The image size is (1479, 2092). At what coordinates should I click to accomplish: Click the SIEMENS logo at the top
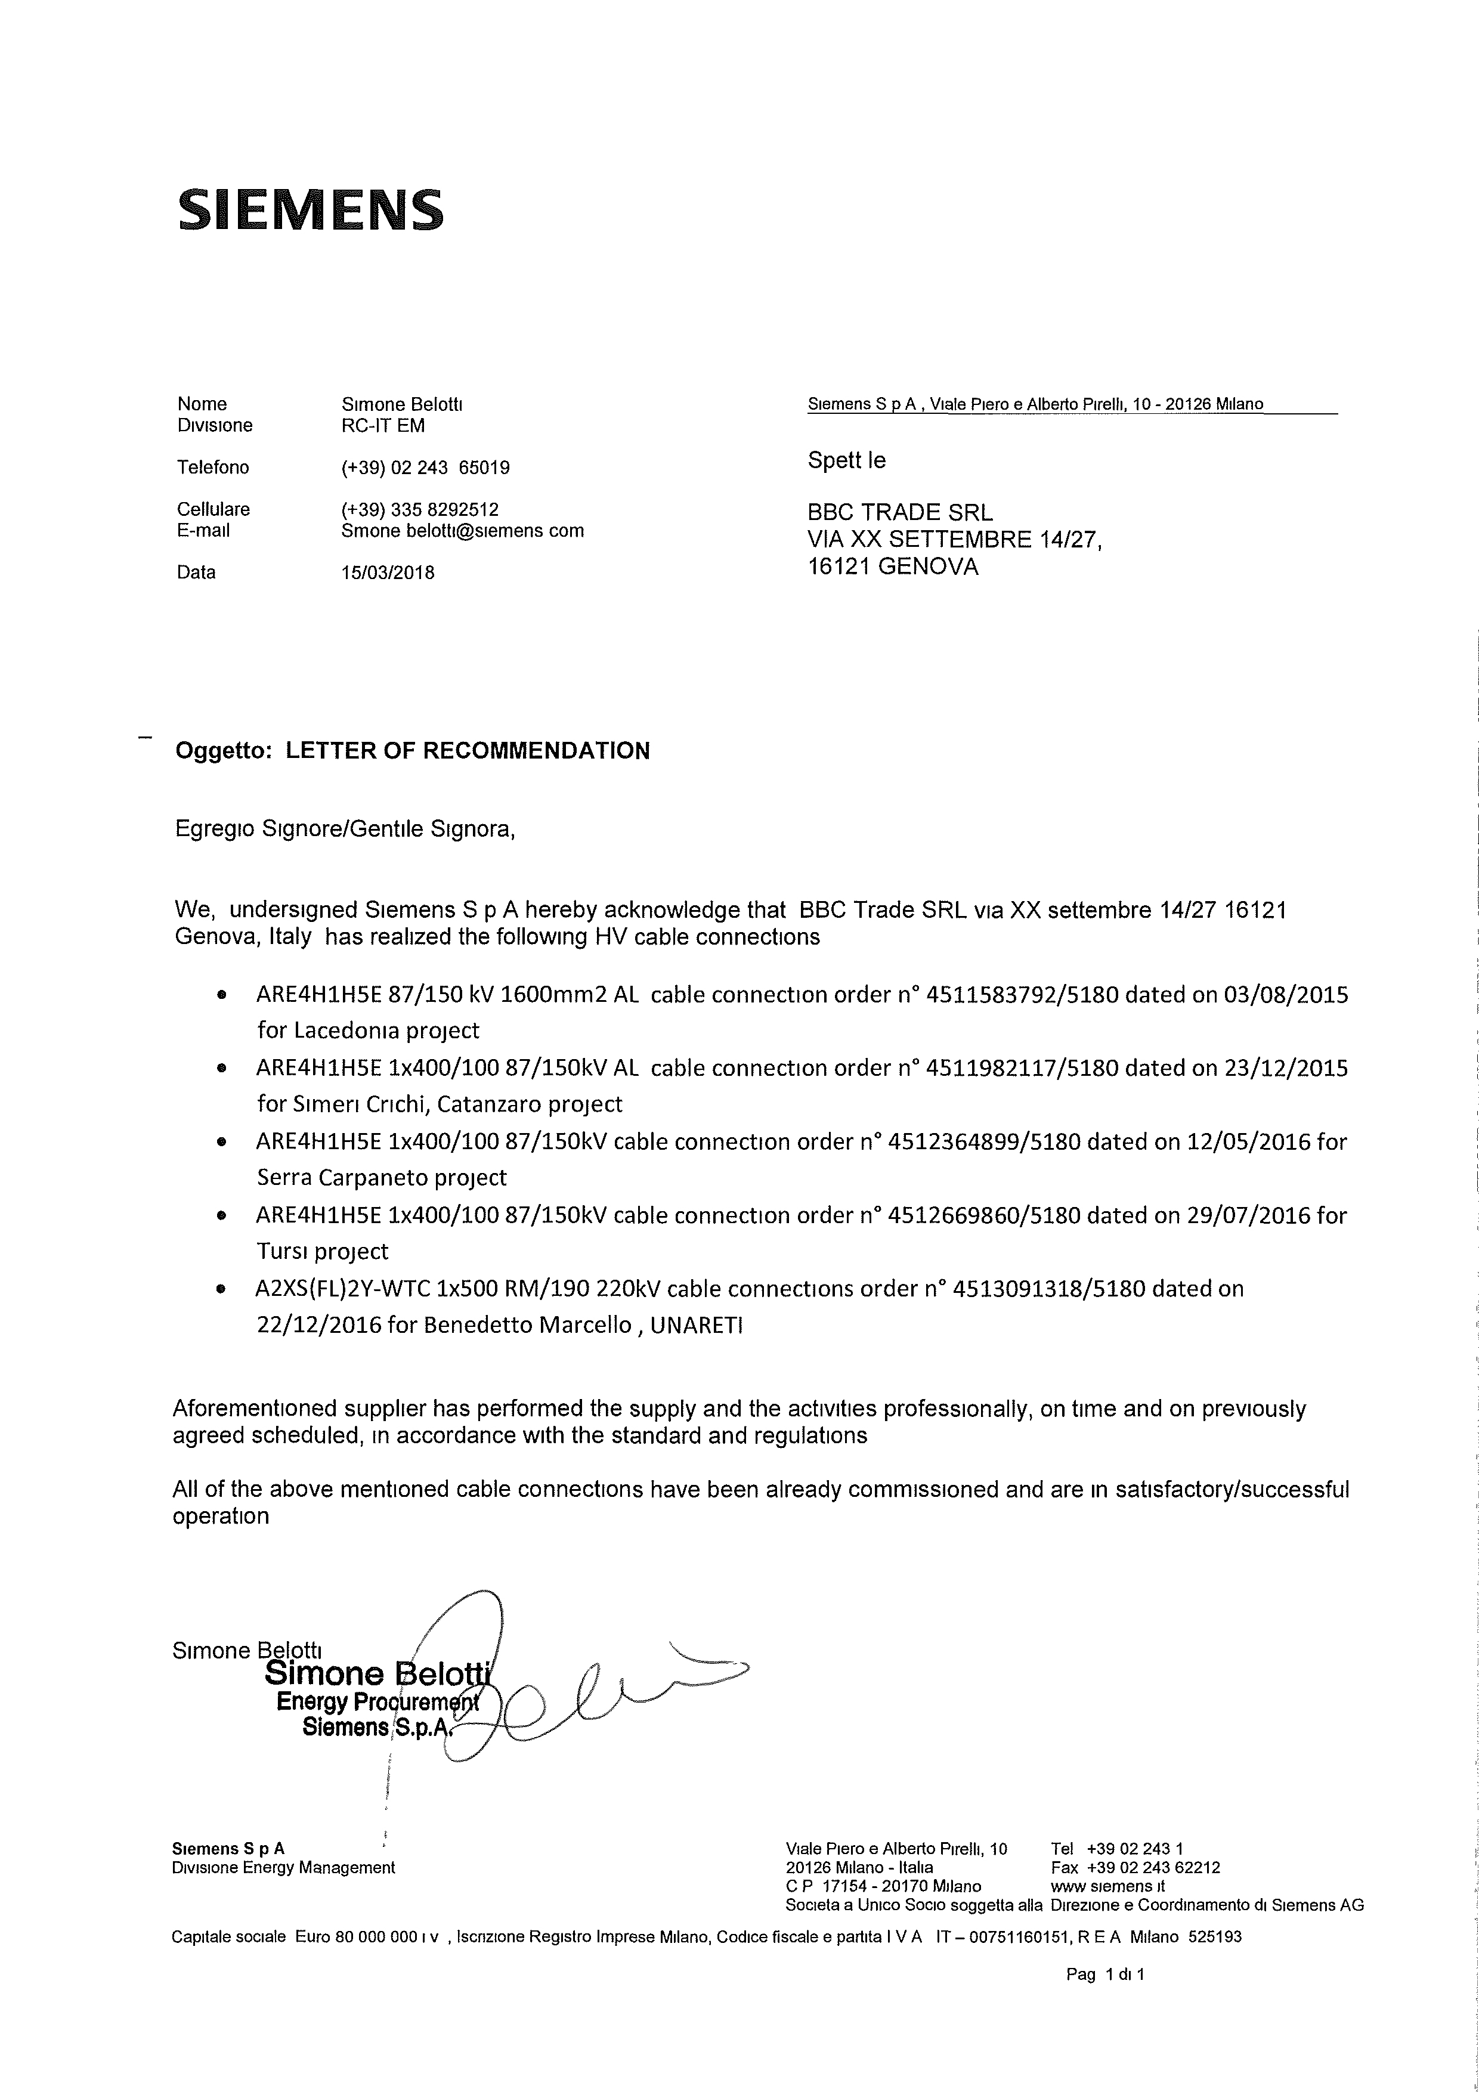point(310,209)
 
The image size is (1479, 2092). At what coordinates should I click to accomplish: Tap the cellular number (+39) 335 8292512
point(419,509)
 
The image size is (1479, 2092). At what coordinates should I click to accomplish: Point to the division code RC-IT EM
point(383,426)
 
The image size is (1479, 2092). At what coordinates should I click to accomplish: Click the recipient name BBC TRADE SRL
point(899,513)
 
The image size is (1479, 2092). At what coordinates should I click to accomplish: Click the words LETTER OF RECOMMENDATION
point(468,751)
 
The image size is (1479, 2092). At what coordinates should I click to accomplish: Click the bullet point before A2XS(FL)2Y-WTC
point(221,1290)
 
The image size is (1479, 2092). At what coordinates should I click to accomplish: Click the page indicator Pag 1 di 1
point(1104,1992)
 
